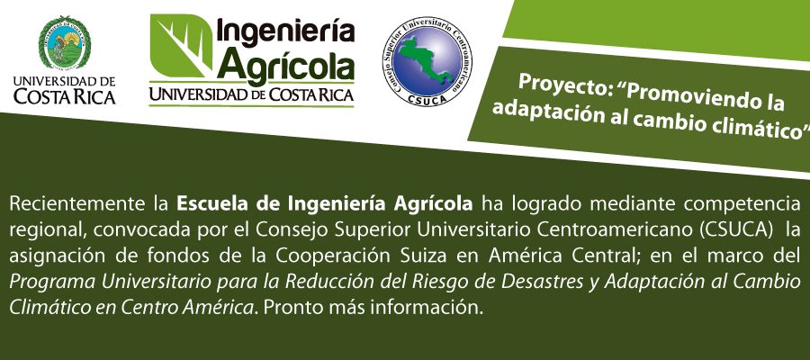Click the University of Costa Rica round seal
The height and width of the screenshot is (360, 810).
click(x=65, y=42)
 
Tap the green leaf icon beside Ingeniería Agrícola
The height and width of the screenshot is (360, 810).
click(x=181, y=46)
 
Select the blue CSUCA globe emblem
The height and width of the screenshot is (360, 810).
click(x=427, y=61)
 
